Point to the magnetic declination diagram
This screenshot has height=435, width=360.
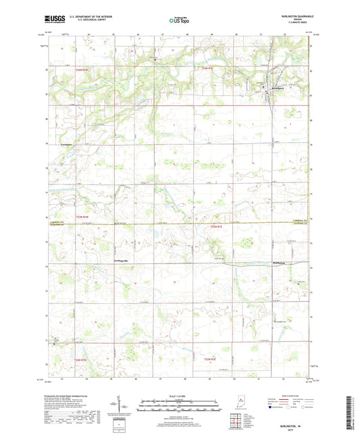123,406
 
